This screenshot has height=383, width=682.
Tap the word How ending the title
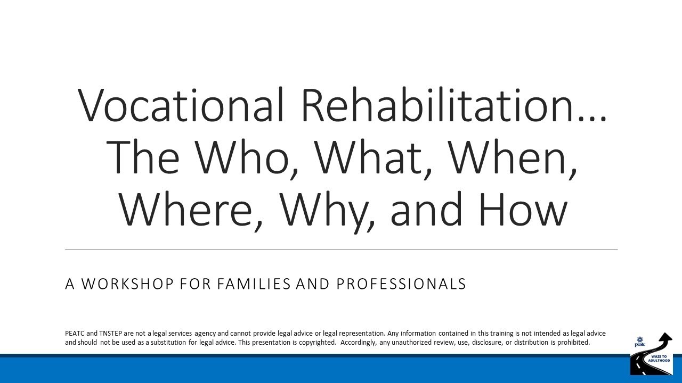[522, 209]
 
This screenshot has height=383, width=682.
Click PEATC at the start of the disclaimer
[75, 334]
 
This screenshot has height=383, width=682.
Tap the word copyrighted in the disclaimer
[315, 343]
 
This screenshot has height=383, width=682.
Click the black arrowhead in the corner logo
[664, 338]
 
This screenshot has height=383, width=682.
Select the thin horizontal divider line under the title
[341, 249]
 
